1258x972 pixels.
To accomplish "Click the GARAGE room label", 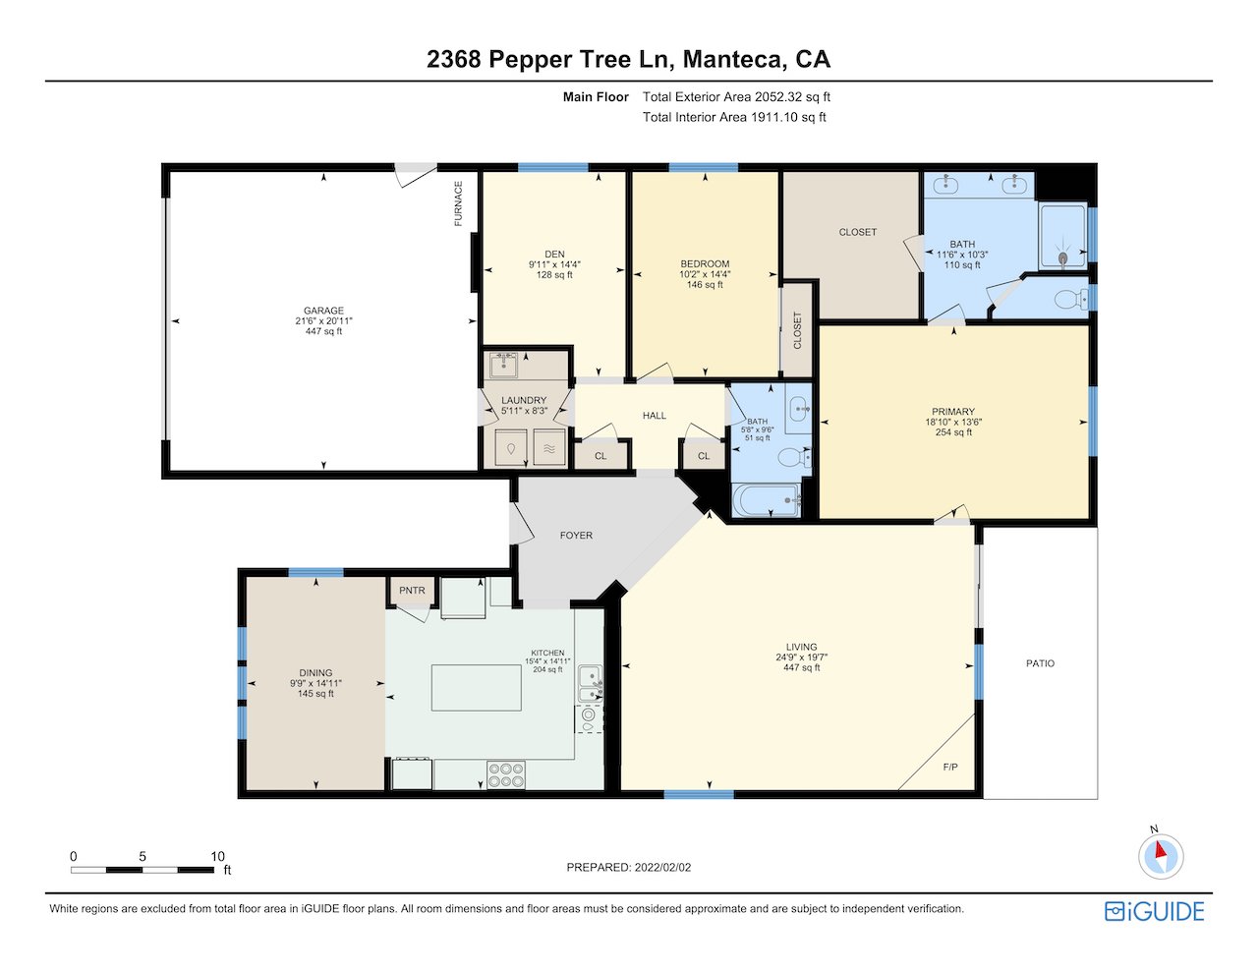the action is pyautogui.click(x=323, y=311).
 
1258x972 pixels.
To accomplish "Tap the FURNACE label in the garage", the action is pyautogui.click(x=459, y=203).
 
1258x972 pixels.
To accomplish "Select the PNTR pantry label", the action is pyautogui.click(x=412, y=591).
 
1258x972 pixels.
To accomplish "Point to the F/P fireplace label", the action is pyautogui.click(x=950, y=767).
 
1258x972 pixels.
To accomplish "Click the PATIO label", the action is pyautogui.click(x=1041, y=663).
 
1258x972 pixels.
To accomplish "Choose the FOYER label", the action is pyautogui.click(x=576, y=536).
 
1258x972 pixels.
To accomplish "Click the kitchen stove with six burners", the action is pyautogui.click(x=506, y=775).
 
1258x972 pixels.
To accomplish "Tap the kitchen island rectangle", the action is pyautogui.click(x=477, y=688).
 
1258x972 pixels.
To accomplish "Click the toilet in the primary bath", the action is pyautogui.click(x=1071, y=299).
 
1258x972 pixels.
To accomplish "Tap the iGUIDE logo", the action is pyautogui.click(x=1155, y=911).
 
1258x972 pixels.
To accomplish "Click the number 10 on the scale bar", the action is pyautogui.click(x=217, y=856).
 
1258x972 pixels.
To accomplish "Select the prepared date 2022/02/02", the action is pyautogui.click(x=662, y=867).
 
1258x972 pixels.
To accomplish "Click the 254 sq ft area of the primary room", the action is pyautogui.click(x=953, y=432).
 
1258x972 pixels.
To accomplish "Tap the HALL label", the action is pyautogui.click(x=655, y=416).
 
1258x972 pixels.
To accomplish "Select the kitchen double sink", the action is pyautogui.click(x=591, y=684).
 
